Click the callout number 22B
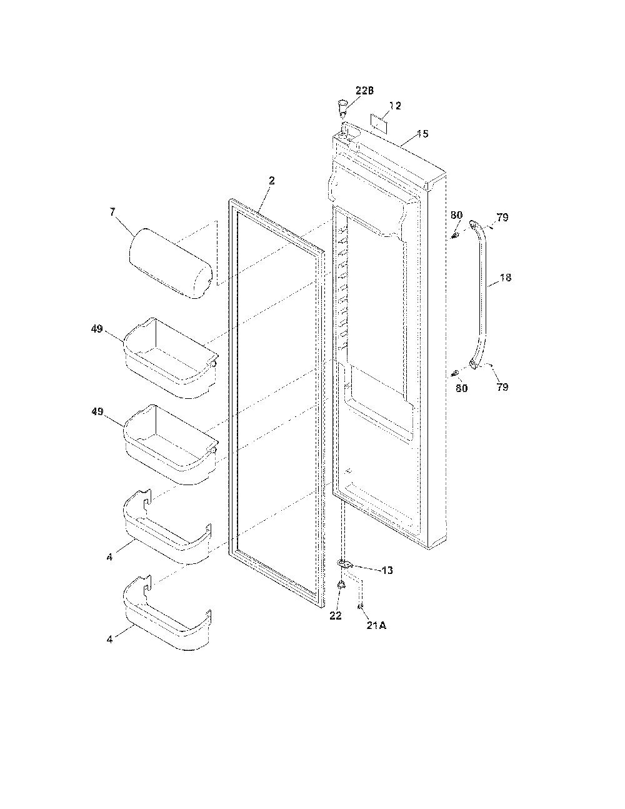click(364, 91)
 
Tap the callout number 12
click(395, 106)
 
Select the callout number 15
click(422, 133)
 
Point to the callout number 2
click(272, 181)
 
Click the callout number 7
click(112, 212)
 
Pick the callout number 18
click(505, 278)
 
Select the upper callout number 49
click(97, 329)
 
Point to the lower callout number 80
click(461, 388)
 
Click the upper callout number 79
click(502, 217)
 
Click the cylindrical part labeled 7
click(170, 263)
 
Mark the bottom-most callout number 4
click(109, 640)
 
